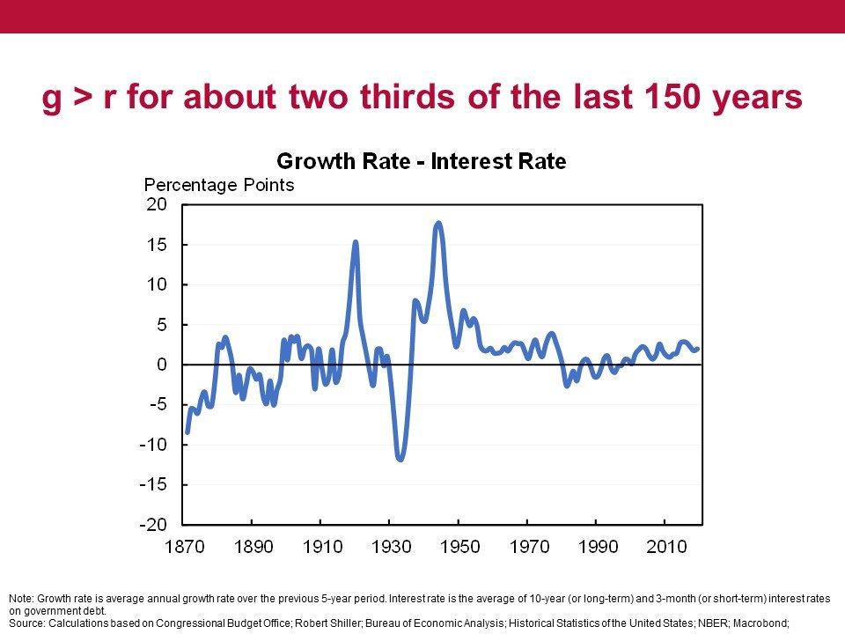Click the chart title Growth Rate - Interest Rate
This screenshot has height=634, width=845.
421,162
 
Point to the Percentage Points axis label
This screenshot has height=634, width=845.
219,185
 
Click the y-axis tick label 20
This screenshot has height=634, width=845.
157,204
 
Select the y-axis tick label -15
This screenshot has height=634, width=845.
153,485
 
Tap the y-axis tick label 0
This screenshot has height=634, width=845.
162,365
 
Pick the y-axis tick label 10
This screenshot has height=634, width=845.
157,284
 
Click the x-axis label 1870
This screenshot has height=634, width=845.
183,547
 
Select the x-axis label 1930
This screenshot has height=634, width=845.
390,547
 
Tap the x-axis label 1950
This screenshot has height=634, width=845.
459,547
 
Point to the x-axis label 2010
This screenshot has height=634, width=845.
665,547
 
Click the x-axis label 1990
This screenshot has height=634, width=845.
597,547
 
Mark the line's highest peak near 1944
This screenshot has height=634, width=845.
438,224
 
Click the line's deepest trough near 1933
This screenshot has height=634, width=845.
400,459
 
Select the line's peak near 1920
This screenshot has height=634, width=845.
356,242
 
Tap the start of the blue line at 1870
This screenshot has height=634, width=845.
187,431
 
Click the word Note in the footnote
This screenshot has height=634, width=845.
18,599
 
